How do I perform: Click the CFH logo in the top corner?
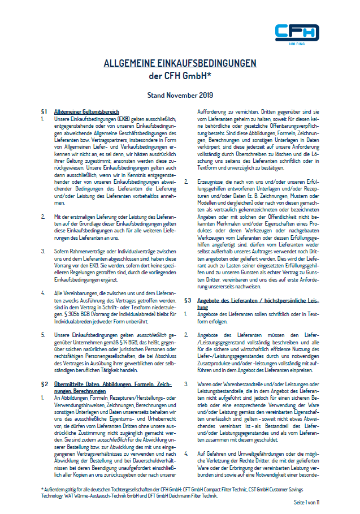point(296,33)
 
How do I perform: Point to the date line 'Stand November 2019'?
point(180,96)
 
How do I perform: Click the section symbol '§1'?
point(44,112)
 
